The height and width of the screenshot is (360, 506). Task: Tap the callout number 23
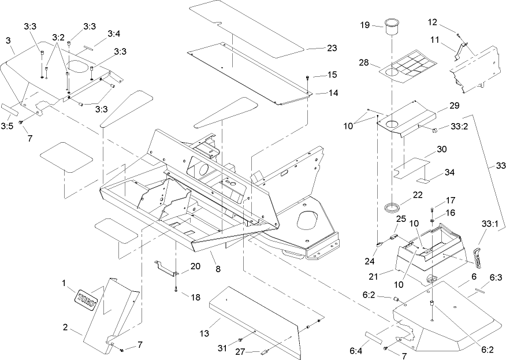pos(332,49)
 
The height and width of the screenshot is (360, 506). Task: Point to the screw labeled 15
pos(308,77)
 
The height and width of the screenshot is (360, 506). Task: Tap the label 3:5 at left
pos(8,125)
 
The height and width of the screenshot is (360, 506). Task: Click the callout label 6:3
pos(496,278)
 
